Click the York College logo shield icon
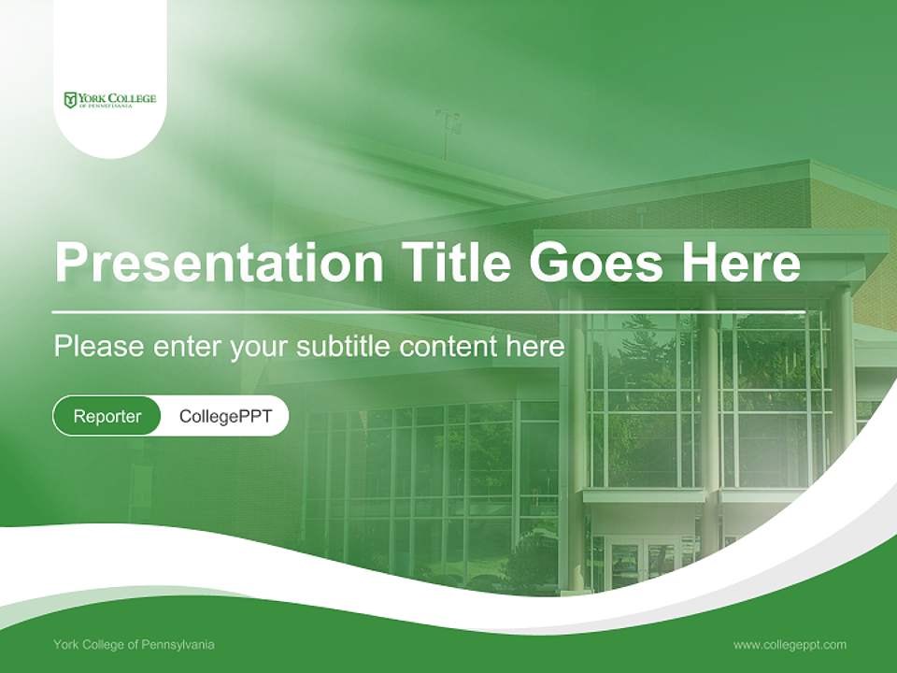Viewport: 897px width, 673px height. click(x=70, y=100)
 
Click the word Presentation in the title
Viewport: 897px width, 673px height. click(x=219, y=263)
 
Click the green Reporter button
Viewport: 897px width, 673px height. click(x=107, y=416)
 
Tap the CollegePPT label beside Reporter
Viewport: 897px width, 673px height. click(x=225, y=416)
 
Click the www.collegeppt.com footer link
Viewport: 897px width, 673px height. click(x=790, y=645)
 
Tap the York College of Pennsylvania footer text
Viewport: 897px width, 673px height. click(x=134, y=645)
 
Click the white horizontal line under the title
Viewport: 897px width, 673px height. click(x=429, y=312)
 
